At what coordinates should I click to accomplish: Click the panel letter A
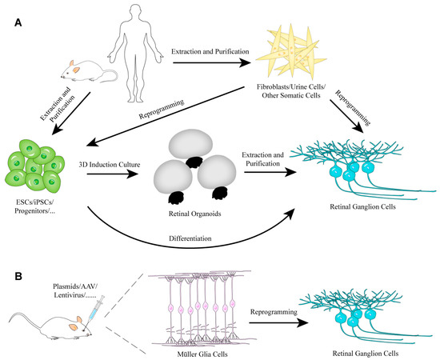point(18,23)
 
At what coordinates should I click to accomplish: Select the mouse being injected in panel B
point(48,325)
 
